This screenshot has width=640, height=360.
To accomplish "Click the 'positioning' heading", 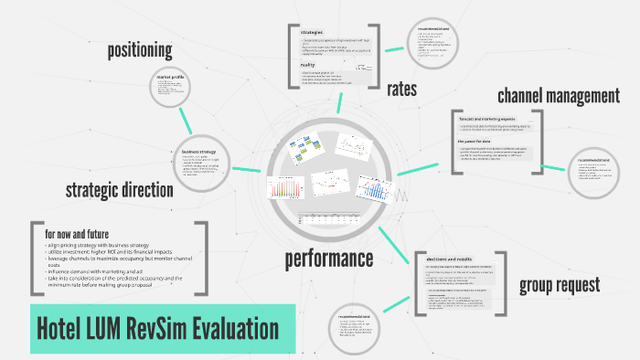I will (140, 50).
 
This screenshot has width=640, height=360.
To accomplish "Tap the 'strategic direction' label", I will (119, 190).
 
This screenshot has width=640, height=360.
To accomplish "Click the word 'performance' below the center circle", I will (328, 258).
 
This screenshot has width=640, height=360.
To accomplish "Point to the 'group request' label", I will (560, 285).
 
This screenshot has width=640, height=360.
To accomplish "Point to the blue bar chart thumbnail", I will (374, 187).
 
